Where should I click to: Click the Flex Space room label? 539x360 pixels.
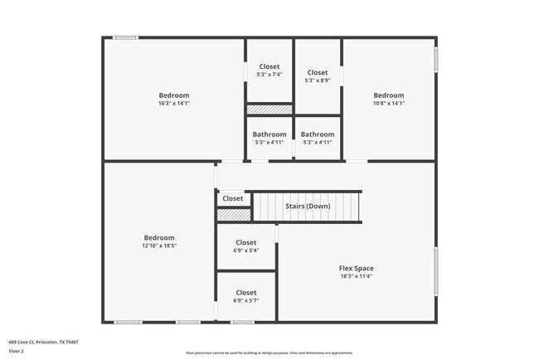(x=356, y=268)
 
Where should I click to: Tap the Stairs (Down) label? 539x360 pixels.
(x=308, y=206)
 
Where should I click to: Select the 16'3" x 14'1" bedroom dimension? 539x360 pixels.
(x=174, y=104)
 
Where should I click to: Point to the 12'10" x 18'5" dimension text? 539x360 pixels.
(x=158, y=246)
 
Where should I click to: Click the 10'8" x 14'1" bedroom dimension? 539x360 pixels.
(x=388, y=104)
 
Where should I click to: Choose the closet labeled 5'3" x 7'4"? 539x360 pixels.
(x=269, y=75)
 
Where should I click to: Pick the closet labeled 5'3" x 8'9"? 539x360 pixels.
(x=318, y=80)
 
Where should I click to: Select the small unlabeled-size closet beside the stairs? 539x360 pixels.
(x=233, y=198)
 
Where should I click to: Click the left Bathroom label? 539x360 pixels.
(x=269, y=134)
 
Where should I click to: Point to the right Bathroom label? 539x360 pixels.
(x=317, y=134)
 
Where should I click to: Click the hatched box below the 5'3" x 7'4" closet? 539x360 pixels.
(x=269, y=109)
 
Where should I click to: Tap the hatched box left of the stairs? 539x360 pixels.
(x=234, y=215)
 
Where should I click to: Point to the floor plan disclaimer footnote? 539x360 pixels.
(x=269, y=352)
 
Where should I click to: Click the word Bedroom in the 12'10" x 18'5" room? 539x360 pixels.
(x=158, y=237)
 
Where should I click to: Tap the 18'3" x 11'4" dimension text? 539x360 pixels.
(x=356, y=276)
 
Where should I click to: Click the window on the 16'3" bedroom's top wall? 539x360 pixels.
(x=126, y=36)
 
